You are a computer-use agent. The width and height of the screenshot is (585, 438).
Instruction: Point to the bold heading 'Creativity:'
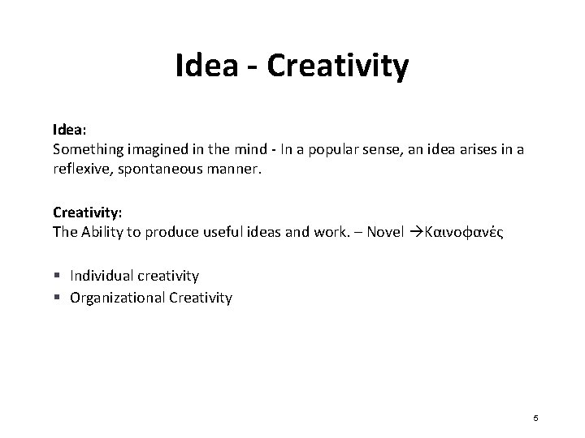[x=88, y=213]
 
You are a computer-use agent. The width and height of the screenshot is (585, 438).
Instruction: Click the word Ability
[x=104, y=232]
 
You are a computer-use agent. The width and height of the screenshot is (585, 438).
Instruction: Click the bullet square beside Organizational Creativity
[x=57, y=298]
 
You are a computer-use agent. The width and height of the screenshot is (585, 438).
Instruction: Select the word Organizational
[x=118, y=298]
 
